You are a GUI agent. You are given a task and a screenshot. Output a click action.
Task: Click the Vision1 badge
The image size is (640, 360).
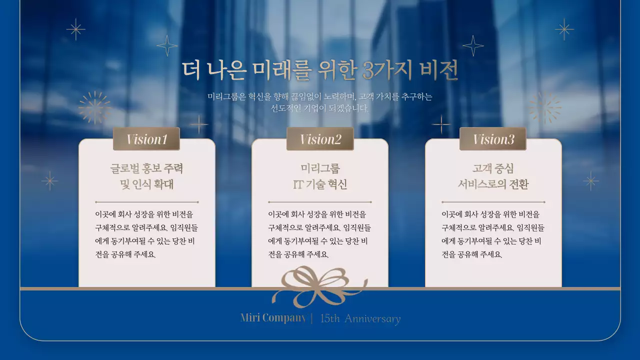tap(146, 139)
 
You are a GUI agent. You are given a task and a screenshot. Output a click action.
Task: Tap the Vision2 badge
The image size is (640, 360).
tap(320, 139)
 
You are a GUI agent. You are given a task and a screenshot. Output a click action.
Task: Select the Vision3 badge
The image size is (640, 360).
tap(493, 139)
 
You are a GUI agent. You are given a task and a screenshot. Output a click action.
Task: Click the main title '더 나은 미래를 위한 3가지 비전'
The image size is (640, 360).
tap(320, 71)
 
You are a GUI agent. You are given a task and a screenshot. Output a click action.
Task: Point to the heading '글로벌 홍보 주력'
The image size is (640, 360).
tap(146, 168)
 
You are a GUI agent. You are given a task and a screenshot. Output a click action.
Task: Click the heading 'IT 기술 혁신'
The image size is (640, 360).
tap(320, 184)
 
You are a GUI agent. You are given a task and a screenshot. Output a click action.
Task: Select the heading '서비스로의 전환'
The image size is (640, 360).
tap(493, 184)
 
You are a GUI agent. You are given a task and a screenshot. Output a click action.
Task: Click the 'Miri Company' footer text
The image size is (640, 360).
tap(273, 318)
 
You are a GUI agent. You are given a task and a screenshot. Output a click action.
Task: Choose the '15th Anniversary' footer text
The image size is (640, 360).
tap(360, 318)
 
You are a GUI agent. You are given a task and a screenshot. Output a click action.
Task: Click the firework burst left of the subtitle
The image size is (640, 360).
tap(94, 107)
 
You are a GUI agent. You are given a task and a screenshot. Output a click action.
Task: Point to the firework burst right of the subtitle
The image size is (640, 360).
tap(545, 107)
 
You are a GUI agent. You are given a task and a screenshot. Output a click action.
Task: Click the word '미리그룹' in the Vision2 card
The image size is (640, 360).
tap(320, 168)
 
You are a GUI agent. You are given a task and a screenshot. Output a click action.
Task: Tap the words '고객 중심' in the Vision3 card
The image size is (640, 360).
tap(493, 168)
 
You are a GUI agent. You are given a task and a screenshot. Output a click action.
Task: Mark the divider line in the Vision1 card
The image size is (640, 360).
tap(146, 202)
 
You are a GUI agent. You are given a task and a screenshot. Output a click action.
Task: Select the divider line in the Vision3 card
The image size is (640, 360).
tap(493, 202)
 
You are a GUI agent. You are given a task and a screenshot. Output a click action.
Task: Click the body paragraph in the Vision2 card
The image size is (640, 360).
tap(320, 234)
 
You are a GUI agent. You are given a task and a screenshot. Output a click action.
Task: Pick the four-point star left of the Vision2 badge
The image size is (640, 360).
tap(198, 124)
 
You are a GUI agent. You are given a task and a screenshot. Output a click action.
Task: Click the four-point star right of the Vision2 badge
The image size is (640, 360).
tap(441, 124)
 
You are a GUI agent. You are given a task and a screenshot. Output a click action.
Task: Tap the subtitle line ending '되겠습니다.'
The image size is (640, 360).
tap(320, 108)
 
